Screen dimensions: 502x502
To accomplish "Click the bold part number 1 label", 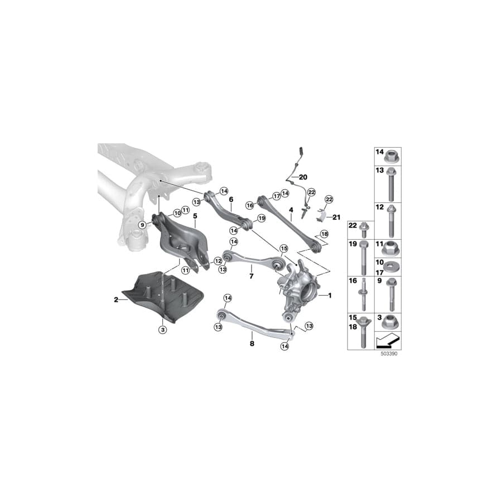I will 330,296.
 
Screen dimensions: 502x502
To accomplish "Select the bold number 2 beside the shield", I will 116,300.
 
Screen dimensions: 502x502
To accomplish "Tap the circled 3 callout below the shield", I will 163,330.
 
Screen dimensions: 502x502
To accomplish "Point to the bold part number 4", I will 291,210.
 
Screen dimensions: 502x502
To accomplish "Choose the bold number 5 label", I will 195,215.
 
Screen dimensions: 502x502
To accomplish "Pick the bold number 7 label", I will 251,276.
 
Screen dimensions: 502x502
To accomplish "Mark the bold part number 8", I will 252,344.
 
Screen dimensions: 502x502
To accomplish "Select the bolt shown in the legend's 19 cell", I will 364,259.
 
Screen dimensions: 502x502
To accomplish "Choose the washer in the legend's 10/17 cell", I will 391,267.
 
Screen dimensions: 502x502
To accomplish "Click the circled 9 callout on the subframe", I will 142,224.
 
